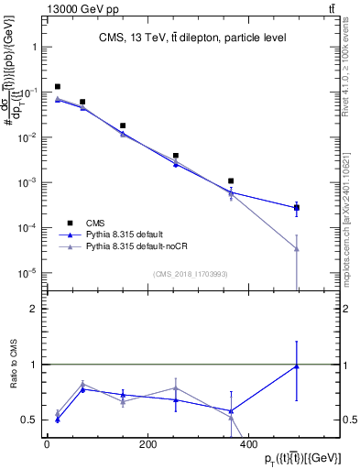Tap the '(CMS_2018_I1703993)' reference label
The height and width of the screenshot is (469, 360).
point(191,273)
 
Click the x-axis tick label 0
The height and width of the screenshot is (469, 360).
point(47,444)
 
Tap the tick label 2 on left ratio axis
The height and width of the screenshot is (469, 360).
point(32,309)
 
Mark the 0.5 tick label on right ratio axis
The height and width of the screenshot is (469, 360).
point(344,420)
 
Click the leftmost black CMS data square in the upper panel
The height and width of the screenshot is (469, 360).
point(58,87)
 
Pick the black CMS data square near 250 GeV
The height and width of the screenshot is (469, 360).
point(176,156)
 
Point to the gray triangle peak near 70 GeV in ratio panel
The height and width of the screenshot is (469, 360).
point(82,385)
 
